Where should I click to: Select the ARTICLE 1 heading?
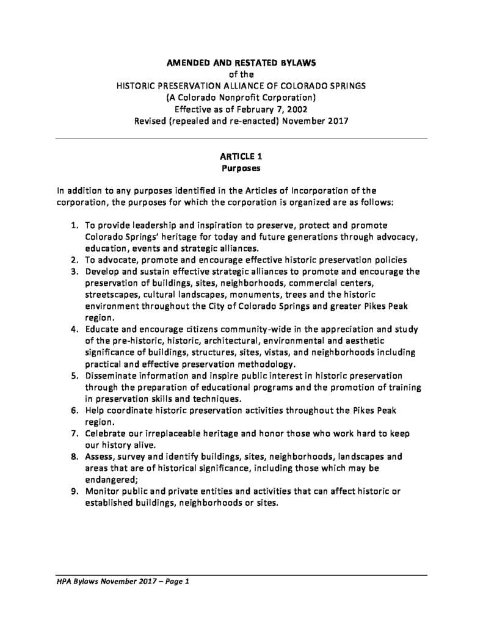(x=241, y=156)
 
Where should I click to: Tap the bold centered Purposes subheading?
(x=241, y=167)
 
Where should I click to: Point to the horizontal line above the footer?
(x=241, y=575)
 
